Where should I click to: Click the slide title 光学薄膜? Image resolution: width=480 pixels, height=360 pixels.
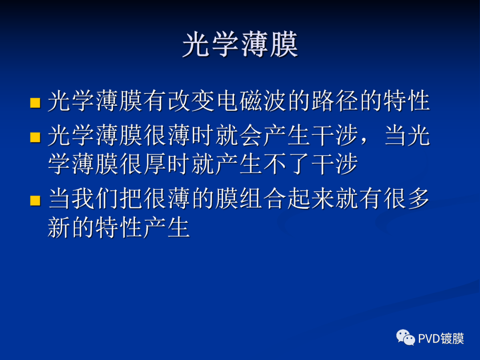point(240,44)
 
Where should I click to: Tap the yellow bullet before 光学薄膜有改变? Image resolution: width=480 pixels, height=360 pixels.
point(35,104)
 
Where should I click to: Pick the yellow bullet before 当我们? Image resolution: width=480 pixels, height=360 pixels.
point(35,201)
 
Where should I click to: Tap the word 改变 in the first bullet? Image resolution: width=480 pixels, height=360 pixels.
point(192,101)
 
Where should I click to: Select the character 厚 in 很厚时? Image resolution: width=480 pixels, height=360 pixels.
point(156,164)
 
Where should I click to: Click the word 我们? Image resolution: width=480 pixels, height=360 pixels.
point(96,199)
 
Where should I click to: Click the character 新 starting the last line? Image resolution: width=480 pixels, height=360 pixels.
point(60,228)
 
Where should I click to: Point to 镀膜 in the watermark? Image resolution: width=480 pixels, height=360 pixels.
point(452,339)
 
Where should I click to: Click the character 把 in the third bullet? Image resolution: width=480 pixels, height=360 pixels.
point(132,199)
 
